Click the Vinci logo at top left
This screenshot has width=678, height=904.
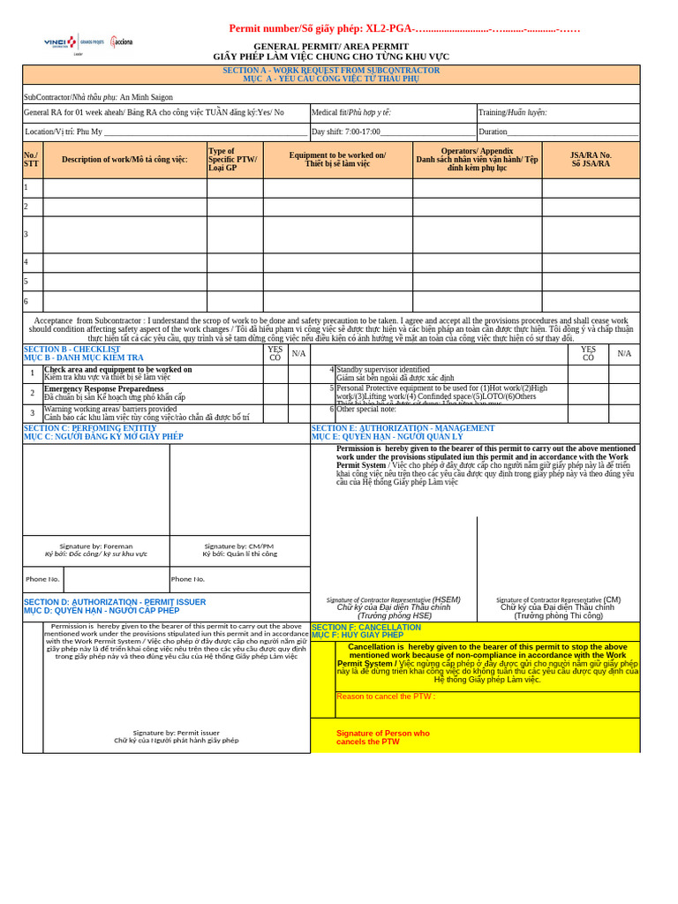click(x=60, y=42)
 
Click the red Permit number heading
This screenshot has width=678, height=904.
click(x=404, y=28)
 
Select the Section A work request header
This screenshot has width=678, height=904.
click(x=331, y=73)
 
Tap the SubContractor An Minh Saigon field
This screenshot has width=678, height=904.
click(x=99, y=97)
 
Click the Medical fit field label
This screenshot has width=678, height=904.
click(x=351, y=112)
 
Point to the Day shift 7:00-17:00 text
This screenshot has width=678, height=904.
click(x=346, y=132)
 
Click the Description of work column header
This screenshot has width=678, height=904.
click(x=124, y=160)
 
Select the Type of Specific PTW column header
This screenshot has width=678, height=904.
click(x=234, y=160)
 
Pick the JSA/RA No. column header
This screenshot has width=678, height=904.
click(x=591, y=160)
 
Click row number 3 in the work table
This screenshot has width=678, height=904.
click(x=26, y=235)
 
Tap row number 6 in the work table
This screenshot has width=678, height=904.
click(x=26, y=301)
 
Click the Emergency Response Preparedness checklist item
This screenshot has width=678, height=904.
click(x=104, y=389)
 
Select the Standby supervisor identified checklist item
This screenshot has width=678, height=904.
click(x=383, y=370)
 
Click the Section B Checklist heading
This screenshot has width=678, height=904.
click(x=84, y=353)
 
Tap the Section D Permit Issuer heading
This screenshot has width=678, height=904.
click(x=115, y=606)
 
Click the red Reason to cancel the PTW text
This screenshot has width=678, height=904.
click(x=386, y=697)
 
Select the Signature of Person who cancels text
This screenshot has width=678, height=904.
click(x=383, y=737)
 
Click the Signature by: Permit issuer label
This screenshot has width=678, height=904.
click(x=177, y=736)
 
